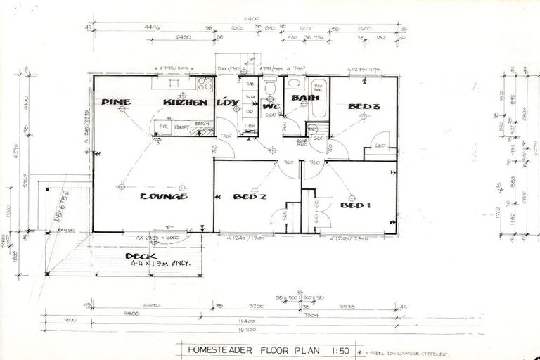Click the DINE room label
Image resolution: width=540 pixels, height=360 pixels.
click(x=116, y=102)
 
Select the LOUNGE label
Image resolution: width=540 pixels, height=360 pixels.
click(x=163, y=196)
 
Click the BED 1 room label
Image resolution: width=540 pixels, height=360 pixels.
click(x=355, y=205)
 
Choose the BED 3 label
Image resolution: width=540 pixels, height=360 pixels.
click(x=364, y=108)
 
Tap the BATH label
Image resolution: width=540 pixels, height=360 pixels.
click(x=306, y=98)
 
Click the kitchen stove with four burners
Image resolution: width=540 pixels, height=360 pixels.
click(x=205, y=85)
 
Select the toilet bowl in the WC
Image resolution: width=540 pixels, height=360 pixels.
click(x=270, y=86)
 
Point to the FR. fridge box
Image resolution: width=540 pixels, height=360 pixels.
click(x=163, y=127)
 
